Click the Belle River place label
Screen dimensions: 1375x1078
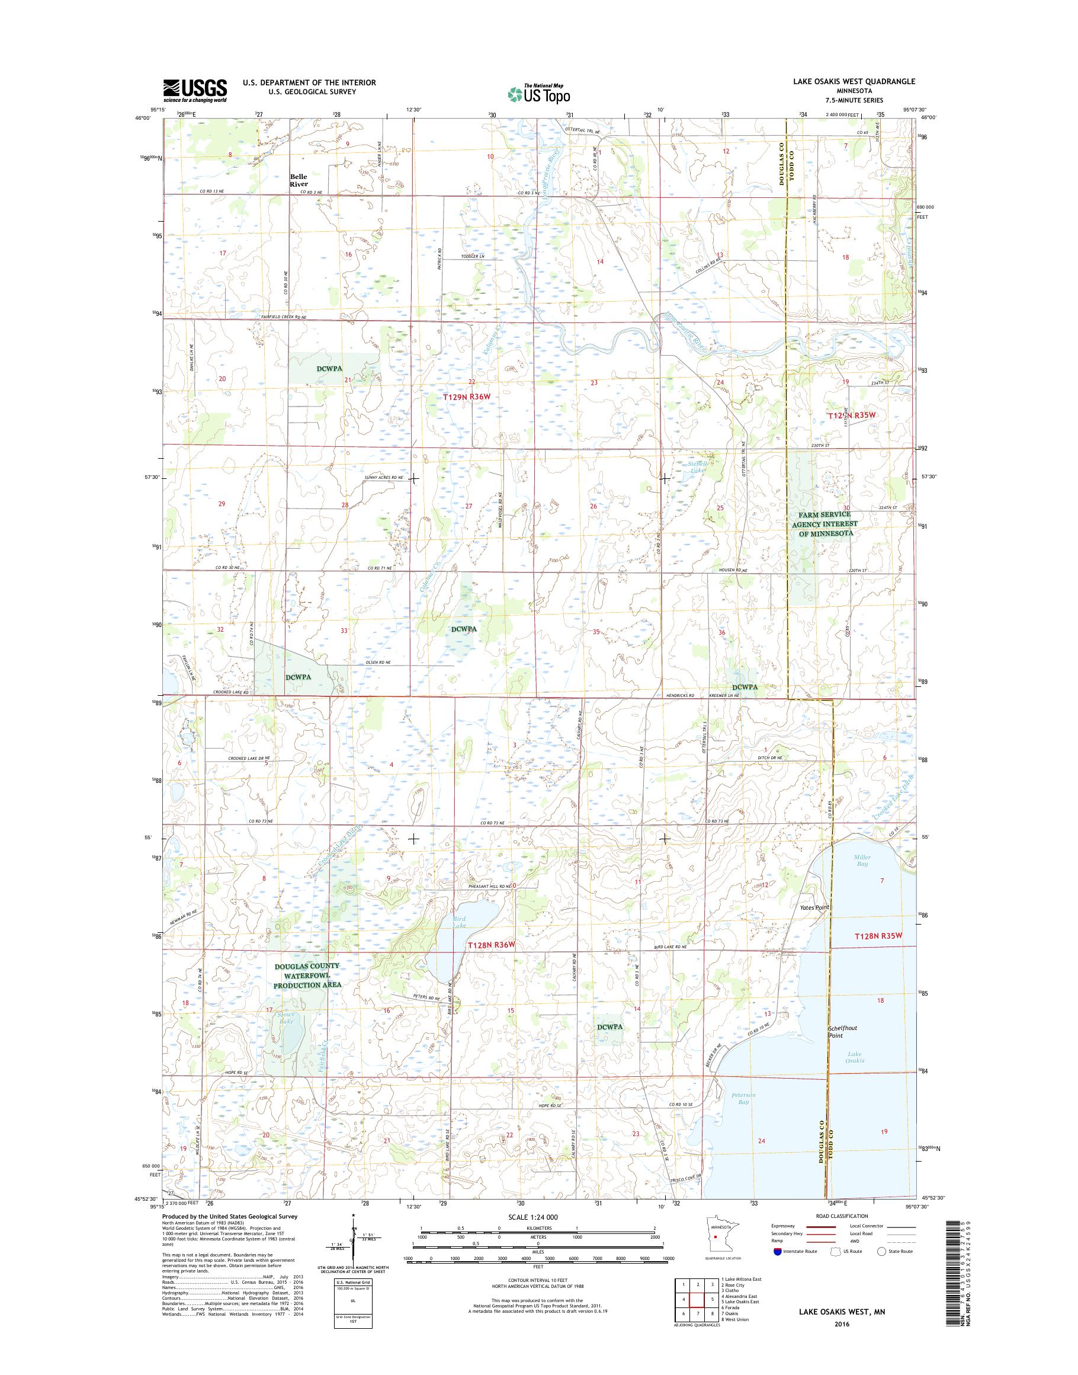(299, 181)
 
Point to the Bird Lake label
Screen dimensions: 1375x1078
(459, 921)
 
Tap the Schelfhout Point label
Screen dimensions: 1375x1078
(843, 1031)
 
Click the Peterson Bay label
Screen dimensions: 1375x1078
(743, 1098)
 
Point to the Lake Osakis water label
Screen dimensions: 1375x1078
(855, 1057)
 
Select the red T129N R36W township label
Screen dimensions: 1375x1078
(467, 396)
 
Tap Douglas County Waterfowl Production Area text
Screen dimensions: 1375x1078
(307, 975)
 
